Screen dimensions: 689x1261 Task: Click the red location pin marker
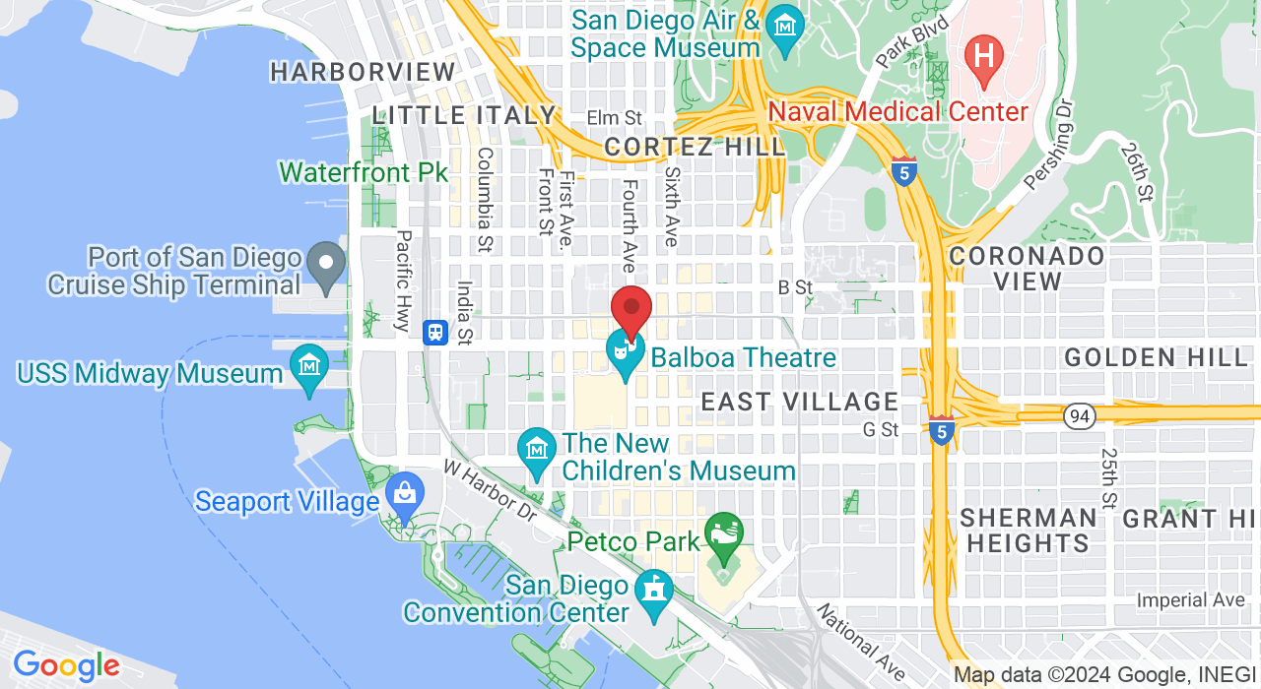(631, 310)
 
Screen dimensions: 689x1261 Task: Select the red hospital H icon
(983, 53)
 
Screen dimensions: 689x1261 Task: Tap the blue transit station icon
(435, 333)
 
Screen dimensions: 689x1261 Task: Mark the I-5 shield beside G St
(941, 429)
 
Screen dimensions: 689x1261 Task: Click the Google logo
(66, 666)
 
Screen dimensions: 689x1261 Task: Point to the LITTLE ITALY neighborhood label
(465, 115)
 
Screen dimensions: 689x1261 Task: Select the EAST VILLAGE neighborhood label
(799, 402)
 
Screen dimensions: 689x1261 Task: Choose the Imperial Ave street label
(1190, 599)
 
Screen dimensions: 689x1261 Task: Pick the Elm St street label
(614, 118)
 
